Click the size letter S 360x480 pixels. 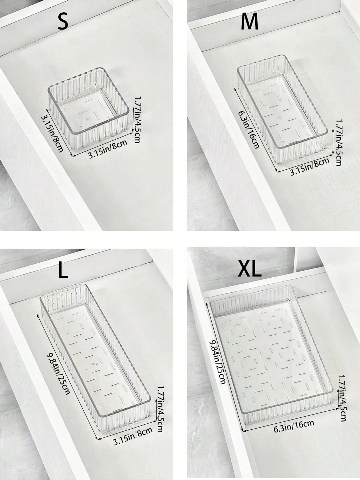63,21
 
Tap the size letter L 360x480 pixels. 63,271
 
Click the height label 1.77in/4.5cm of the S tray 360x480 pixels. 137,120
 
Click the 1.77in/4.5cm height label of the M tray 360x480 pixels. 338,143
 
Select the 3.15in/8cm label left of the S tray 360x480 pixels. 52,134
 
